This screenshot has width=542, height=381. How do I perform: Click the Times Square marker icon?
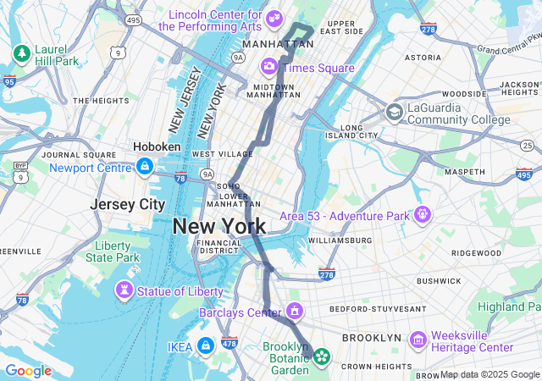[268, 66]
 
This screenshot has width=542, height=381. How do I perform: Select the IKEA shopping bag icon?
[205, 345]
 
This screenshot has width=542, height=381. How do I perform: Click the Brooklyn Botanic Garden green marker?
[322, 357]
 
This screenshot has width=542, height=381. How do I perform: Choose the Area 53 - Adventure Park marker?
[423, 215]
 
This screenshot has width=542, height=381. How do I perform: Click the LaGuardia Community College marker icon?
[394, 112]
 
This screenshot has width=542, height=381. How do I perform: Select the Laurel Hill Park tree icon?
[21, 54]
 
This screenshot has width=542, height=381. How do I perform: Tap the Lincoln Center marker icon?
[274, 19]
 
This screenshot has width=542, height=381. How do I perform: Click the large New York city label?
[219, 226]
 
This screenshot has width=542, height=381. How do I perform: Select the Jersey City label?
[128, 205]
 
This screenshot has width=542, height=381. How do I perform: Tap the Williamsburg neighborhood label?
[340, 240]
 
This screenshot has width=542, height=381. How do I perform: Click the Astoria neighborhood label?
[423, 58]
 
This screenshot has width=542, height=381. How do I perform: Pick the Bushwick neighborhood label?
[438, 280]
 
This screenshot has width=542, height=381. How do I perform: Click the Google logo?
[28, 371]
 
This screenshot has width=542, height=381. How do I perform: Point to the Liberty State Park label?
[112, 251]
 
